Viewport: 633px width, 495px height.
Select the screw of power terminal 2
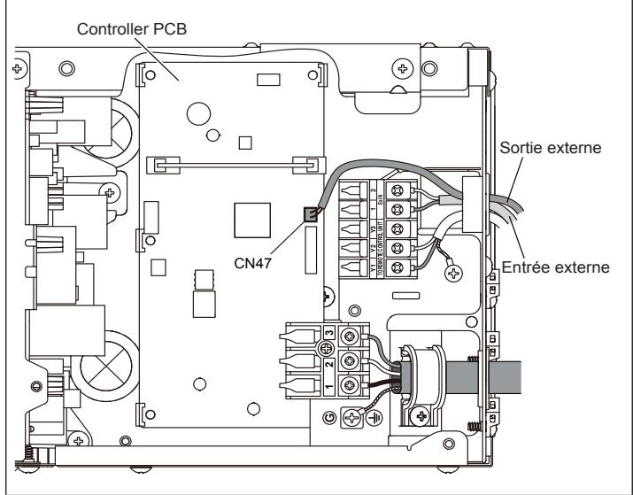click(x=353, y=361)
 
